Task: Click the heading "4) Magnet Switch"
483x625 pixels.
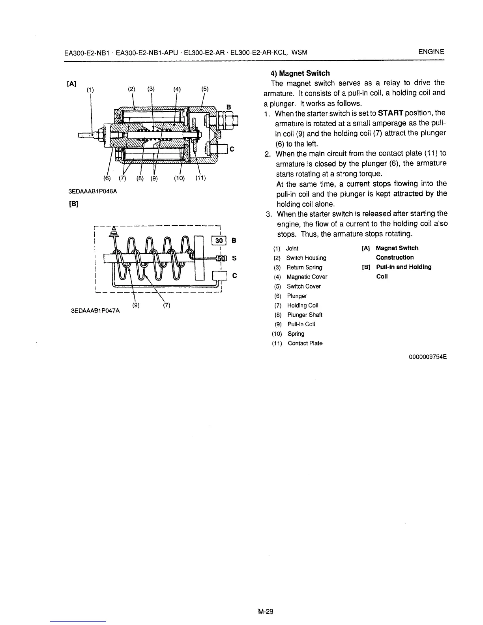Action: pos(300,73)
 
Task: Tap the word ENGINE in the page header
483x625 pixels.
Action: pos(431,52)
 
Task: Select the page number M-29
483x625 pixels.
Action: pos(266,612)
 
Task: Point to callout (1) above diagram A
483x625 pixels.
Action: pos(91,89)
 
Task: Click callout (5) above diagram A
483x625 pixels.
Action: pos(205,89)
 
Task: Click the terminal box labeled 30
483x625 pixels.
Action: pos(219,240)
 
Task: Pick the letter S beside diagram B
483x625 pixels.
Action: pos(234,258)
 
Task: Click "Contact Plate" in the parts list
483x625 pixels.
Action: pos(305,343)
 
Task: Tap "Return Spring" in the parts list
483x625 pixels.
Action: pos(304,268)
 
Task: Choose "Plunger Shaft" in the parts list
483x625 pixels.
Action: pos(305,315)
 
